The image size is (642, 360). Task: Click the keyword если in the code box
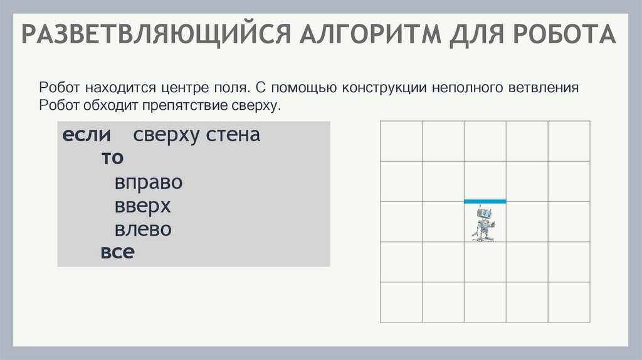(87, 135)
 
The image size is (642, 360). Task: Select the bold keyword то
(113, 158)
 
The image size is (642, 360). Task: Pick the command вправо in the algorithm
(148, 183)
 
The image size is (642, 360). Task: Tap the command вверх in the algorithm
(142, 206)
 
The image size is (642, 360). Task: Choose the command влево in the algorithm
(143, 229)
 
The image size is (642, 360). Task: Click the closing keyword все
(118, 252)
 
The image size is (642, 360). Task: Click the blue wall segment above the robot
(485, 201)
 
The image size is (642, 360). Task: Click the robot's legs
(483, 234)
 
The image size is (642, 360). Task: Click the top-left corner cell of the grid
(401, 141)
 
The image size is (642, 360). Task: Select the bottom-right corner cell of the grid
(569, 302)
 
